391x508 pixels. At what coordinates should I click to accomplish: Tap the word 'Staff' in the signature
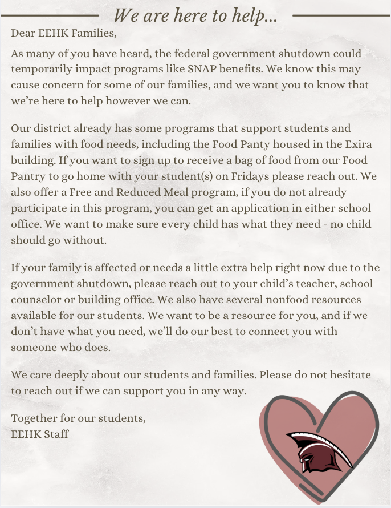tap(55, 434)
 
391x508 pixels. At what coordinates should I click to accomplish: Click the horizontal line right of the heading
tap(341, 15)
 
